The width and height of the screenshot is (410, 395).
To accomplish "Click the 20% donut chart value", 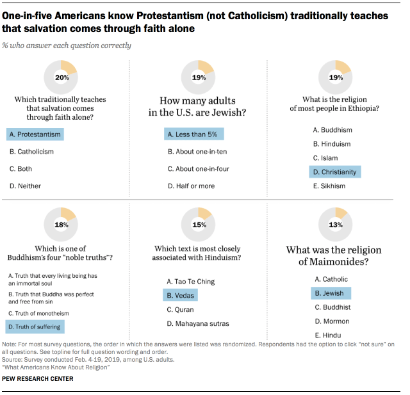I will pyautogui.click(x=61, y=77).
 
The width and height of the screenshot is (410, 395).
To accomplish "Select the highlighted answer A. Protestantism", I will pyautogui.click(x=35, y=134).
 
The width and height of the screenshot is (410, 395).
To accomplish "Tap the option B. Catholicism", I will pyautogui.click(x=31, y=152).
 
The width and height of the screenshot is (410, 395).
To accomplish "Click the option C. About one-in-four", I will pyautogui.click(x=198, y=169).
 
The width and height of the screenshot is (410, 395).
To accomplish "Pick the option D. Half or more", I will pyautogui.click(x=191, y=186).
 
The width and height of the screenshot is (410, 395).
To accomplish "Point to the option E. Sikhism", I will pyautogui.click(x=329, y=186).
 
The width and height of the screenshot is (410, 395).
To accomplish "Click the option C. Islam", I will pyautogui.click(x=325, y=158).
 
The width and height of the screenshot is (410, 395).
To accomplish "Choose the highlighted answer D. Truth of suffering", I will pyautogui.click(x=35, y=326).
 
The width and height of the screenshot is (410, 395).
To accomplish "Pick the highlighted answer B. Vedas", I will pyautogui.click(x=182, y=295).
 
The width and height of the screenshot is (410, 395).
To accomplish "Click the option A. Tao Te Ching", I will pyautogui.click(x=190, y=281).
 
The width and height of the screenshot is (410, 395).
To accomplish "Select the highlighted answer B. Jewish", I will pyautogui.click(x=329, y=293).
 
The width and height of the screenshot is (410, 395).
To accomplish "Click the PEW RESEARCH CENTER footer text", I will pyautogui.click(x=38, y=379).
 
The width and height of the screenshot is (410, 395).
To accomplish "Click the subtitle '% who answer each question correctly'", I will pyautogui.click(x=67, y=45).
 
